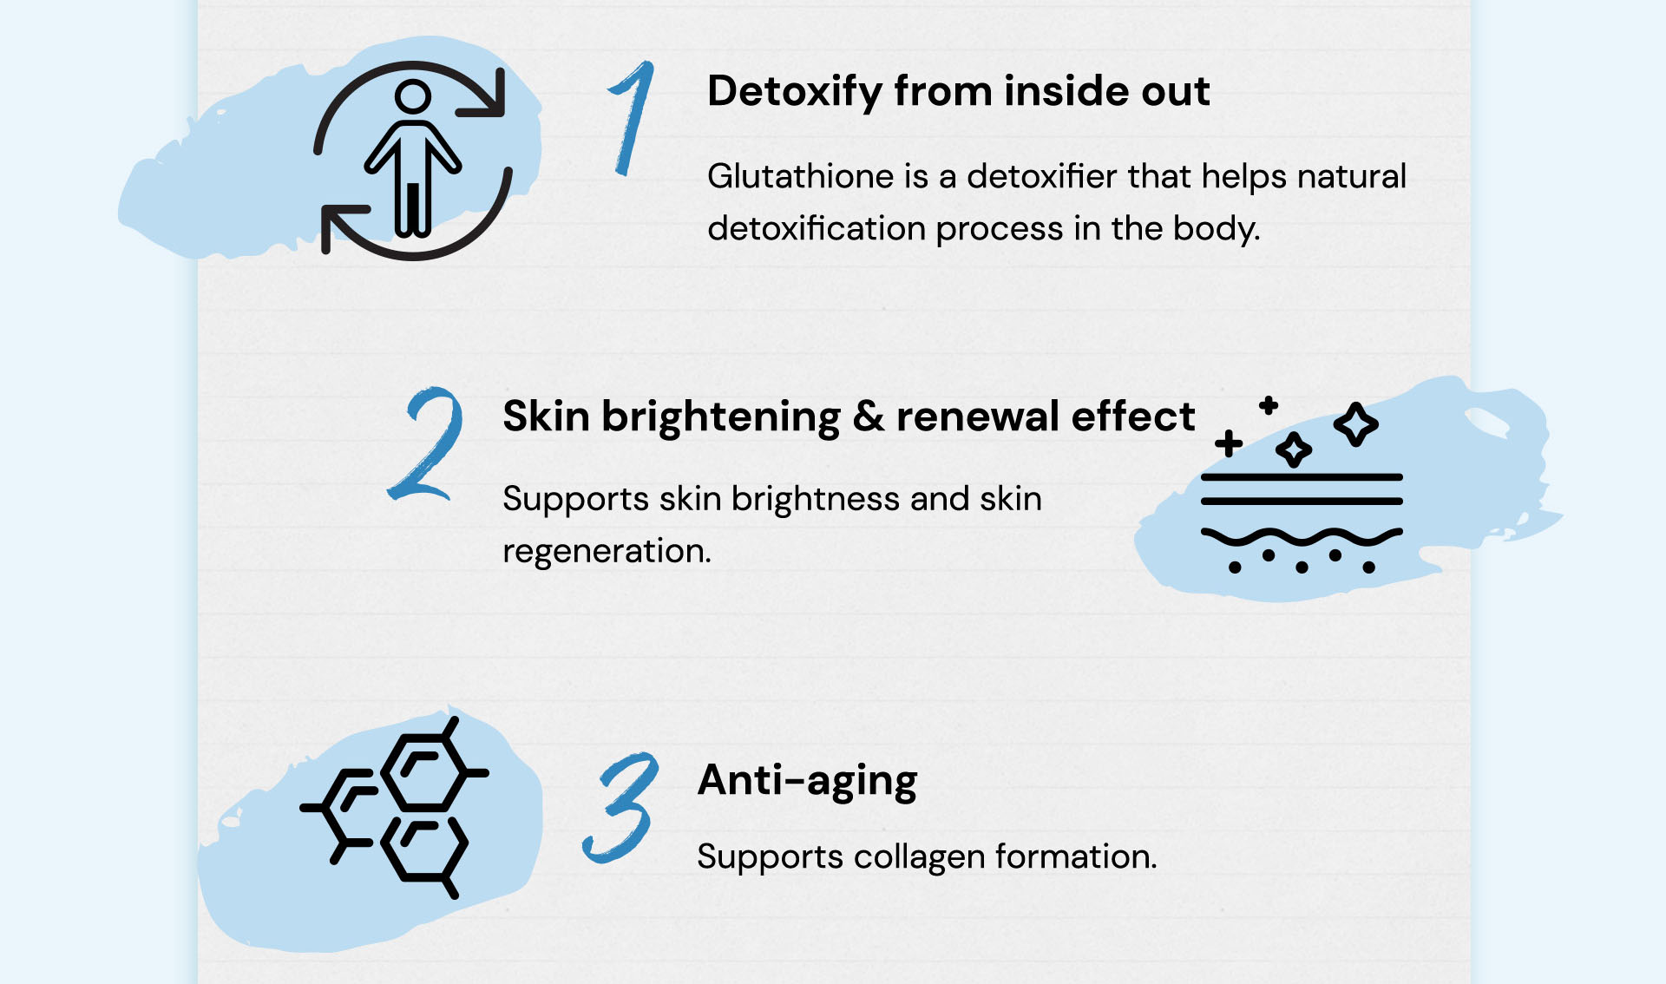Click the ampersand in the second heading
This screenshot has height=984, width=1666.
(869, 417)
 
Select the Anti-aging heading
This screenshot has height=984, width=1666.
(807, 781)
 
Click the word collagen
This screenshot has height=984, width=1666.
(920, 856)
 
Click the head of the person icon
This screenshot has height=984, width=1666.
(413, 96)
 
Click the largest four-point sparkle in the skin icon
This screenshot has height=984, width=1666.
(1356, 424)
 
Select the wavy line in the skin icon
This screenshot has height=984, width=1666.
(1302, 538)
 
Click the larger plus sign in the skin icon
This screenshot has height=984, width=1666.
(1229, 443)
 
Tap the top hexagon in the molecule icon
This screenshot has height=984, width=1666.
(424, 772)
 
